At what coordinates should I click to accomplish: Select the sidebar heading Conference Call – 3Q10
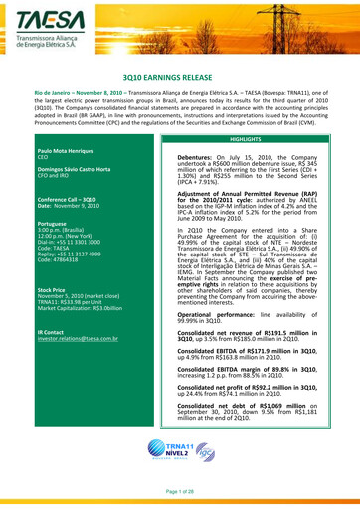69,197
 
